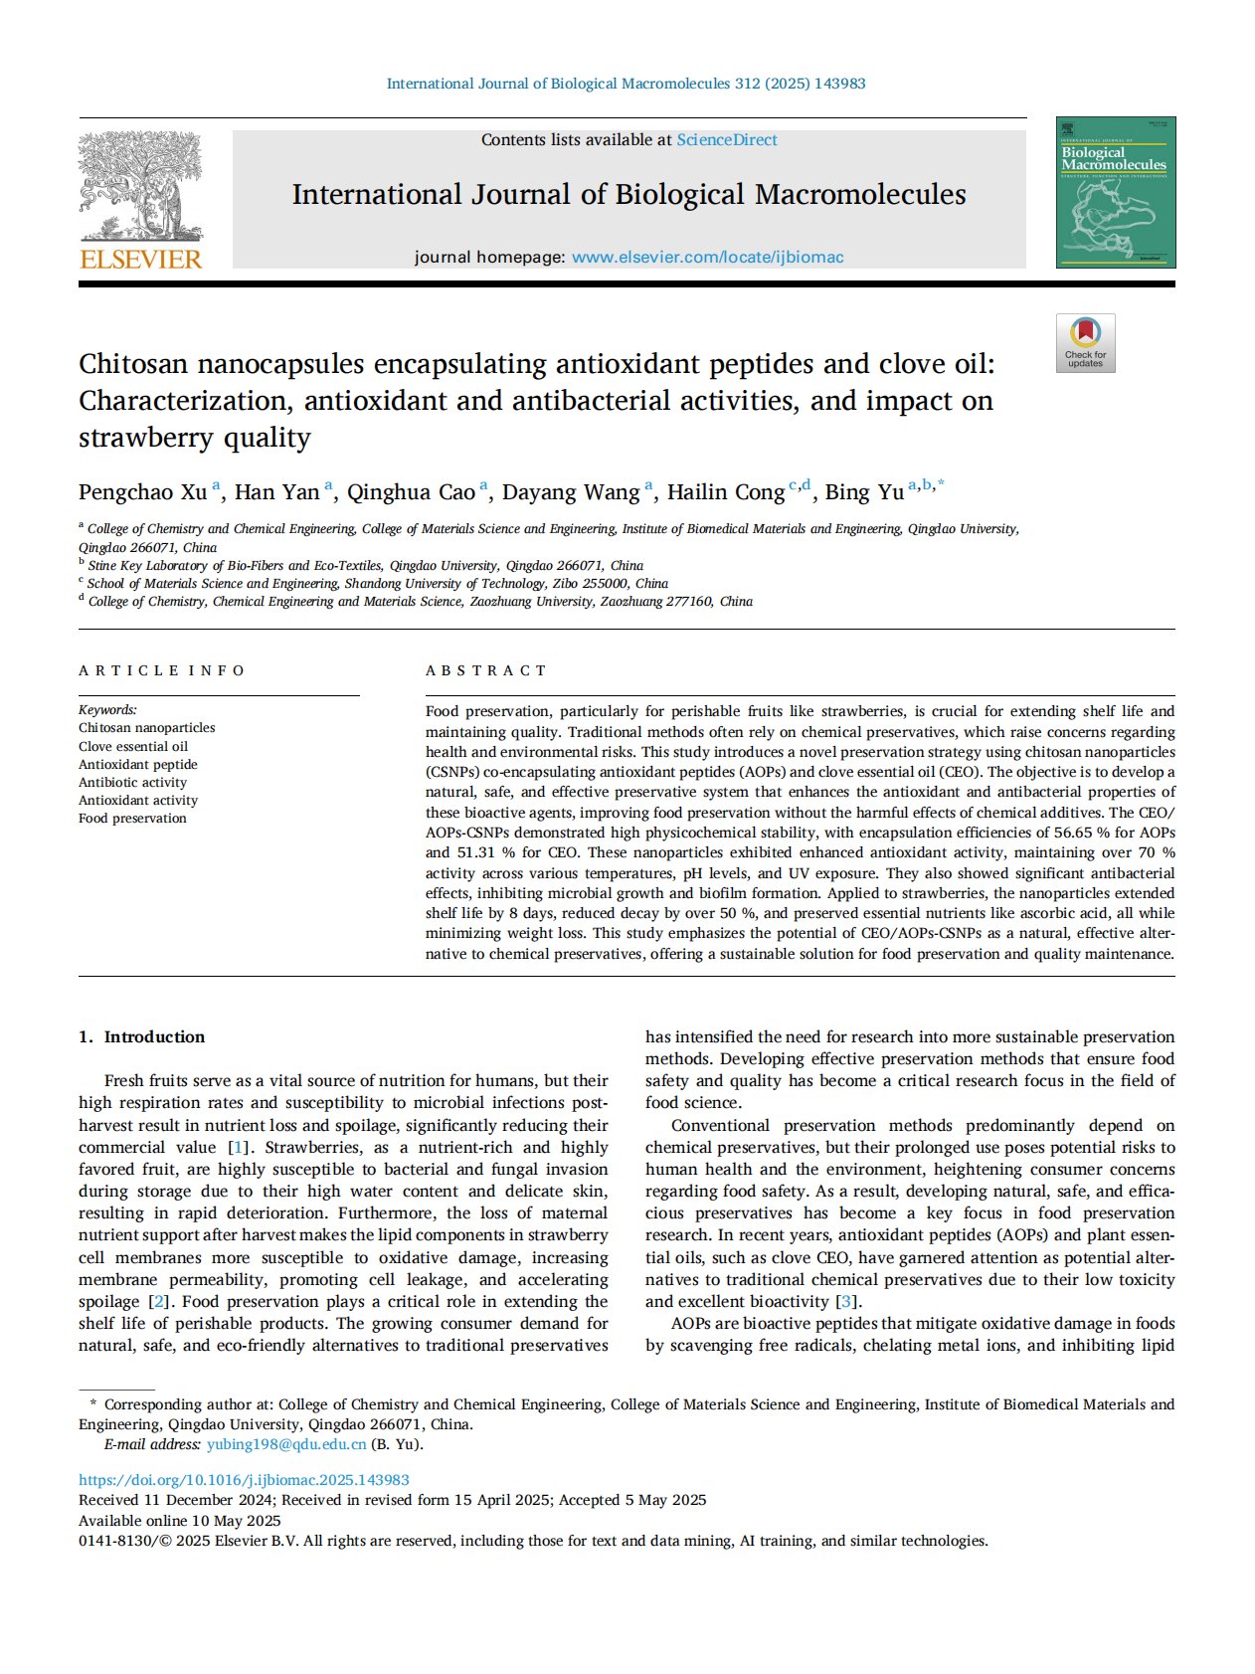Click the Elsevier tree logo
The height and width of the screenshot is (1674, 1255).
point(140,186)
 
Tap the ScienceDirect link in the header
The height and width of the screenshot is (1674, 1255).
point(727,140)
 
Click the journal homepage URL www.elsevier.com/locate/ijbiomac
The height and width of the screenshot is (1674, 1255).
point(707,258)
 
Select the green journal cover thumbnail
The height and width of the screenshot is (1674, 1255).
point(1115,193)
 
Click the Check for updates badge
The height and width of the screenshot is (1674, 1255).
point(1085,343)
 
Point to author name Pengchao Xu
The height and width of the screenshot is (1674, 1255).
point(143,492)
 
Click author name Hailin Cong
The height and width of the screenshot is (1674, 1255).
point(725,492)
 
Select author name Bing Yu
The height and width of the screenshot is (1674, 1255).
point(864,492)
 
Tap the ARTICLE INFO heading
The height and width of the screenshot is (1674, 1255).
point(161,670)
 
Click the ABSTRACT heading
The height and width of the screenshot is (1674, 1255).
point(486,670)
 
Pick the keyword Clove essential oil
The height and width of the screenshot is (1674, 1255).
point(133,747)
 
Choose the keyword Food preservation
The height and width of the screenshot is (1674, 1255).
point(132,819)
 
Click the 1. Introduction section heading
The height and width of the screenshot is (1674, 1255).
point(142,1036)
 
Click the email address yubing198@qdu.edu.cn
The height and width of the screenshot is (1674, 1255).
point(286,1444)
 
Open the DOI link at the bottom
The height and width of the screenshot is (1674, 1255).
point(244,1480)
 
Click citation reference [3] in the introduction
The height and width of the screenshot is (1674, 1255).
point(846,1302)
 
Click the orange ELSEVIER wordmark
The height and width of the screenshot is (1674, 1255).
point(140,261)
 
